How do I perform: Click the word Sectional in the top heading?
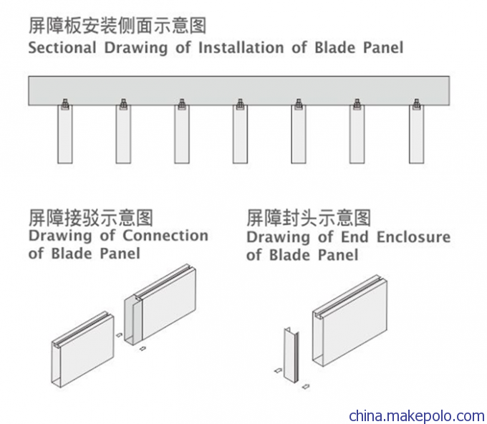click(62, 48)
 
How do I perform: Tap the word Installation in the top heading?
click(241, 48)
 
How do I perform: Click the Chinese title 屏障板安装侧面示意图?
click(117, 26)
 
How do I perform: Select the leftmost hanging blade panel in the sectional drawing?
click(65, 134)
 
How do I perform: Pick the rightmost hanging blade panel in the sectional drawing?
click(417, 134)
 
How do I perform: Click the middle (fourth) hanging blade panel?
click(240, 134)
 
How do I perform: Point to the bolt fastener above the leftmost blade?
click(65, 104)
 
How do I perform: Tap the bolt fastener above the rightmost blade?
click(417, 104)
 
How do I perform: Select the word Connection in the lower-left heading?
click(165, 236)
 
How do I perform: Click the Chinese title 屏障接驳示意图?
click(91, 218)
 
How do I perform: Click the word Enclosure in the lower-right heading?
click(413, 237)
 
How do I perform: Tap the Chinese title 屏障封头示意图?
click(309, 218)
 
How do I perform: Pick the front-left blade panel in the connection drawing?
click(82, 350)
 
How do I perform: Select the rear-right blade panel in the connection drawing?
click(160, 304)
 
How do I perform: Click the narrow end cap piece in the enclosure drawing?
click(291, 355)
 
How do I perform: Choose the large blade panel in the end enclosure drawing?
click(350, 321)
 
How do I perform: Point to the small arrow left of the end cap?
click(278, 370)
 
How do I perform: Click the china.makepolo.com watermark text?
click(417, 415)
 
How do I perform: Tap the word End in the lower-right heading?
click(355, 237)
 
